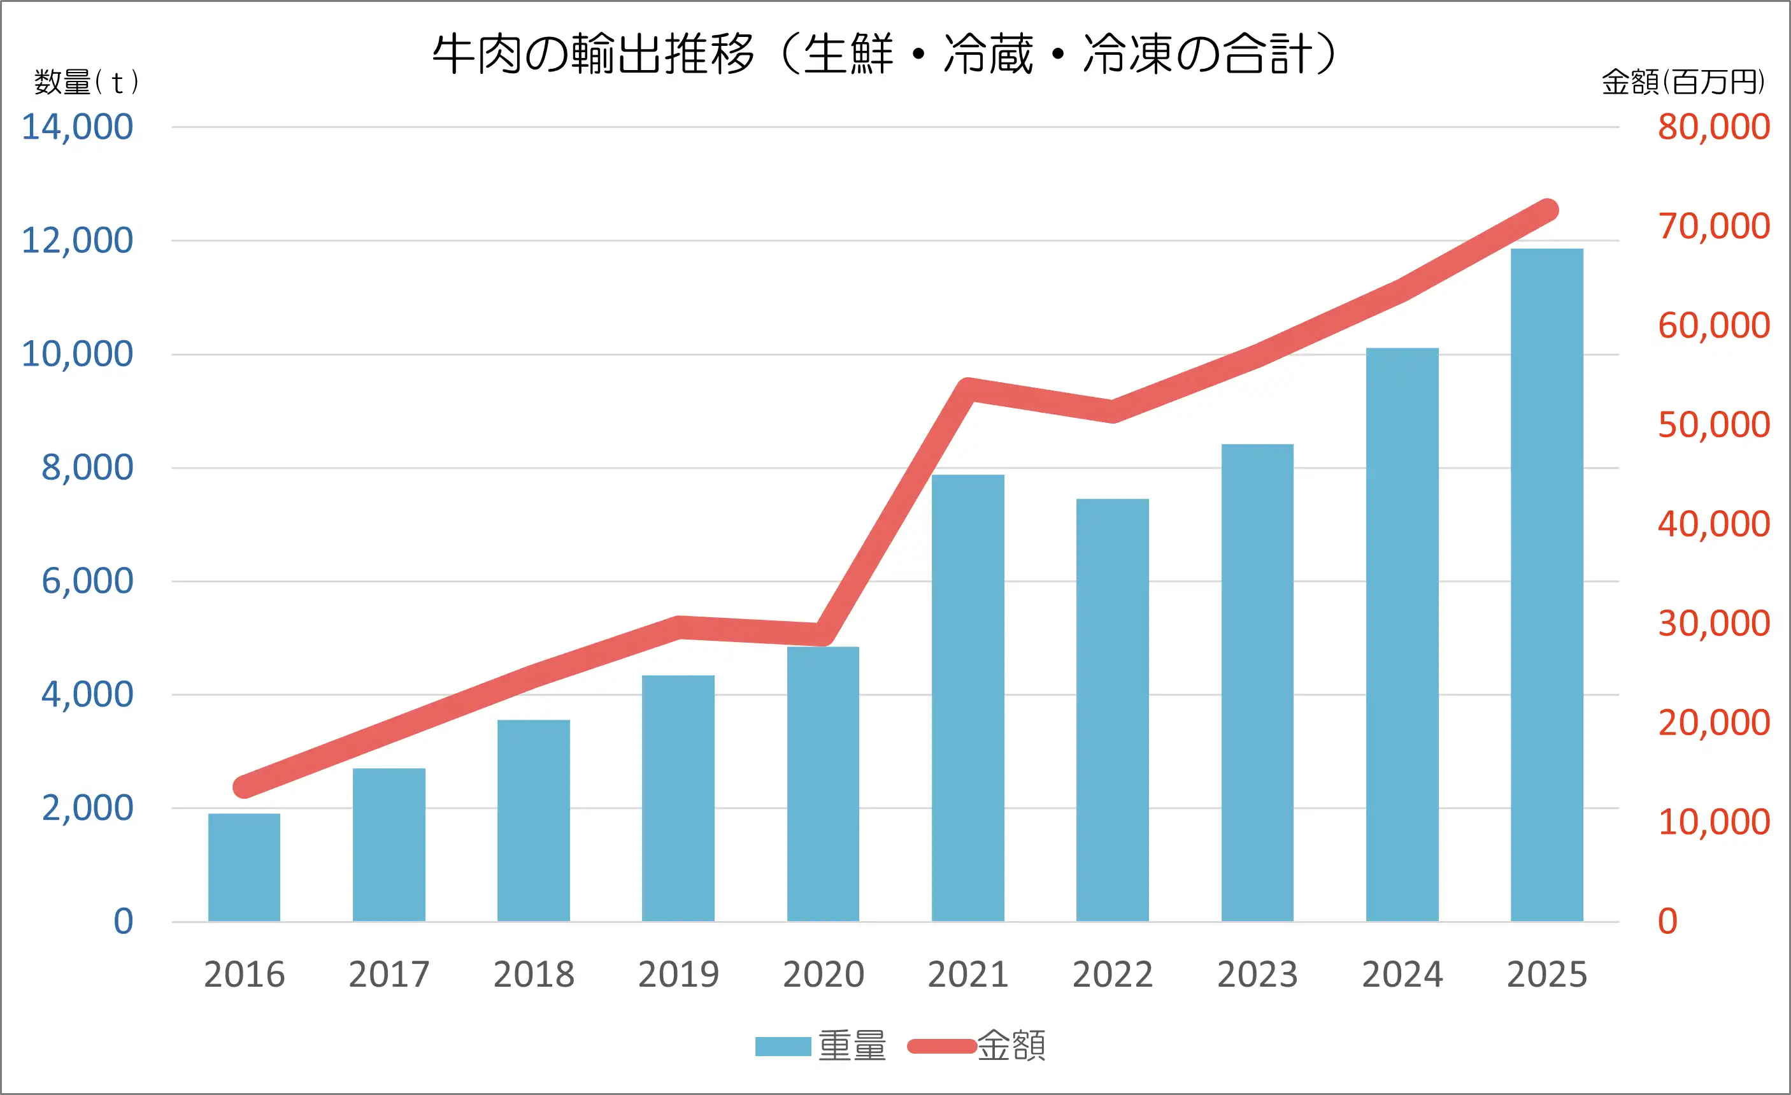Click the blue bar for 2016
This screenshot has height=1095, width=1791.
click(244, 868)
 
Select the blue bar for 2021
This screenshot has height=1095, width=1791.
click(967, 698)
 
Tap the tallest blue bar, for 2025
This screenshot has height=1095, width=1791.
click(1547, 585)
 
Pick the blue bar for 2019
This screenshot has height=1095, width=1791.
click(678, 798)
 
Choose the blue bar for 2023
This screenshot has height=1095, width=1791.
click(1257, 683)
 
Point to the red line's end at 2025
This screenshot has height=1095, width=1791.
click(1548, 210)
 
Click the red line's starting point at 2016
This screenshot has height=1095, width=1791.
click(244, 787)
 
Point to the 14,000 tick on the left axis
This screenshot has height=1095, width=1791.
click(77, 127)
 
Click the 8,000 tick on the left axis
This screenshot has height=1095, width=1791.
click(87, 468)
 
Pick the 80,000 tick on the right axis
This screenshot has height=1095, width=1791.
click(1714, 127)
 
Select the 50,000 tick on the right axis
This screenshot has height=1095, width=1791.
click(1714, 425)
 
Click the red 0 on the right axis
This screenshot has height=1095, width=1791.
click(1668, 921)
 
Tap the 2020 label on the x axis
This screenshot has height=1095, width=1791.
click(824, 975)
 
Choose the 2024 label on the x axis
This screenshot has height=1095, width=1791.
click(1402, 975)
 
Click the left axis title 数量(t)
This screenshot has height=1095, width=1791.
click(86, 82)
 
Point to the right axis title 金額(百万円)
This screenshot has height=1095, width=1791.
click(1683, 82)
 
